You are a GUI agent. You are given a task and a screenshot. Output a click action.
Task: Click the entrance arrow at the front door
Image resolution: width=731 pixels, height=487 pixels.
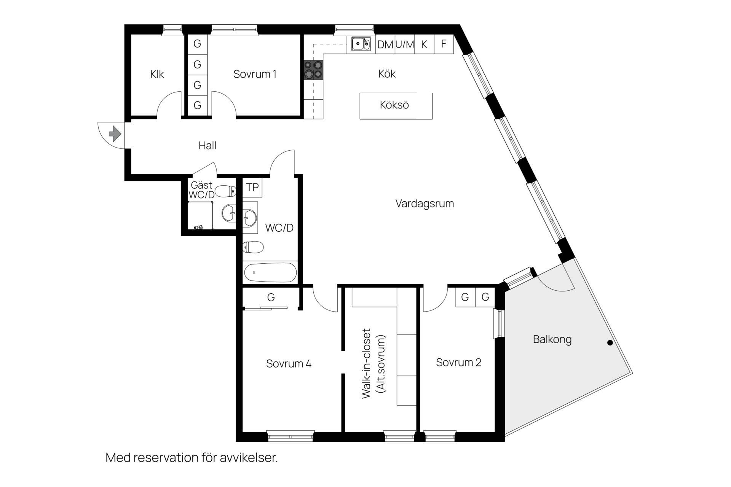[115, 134]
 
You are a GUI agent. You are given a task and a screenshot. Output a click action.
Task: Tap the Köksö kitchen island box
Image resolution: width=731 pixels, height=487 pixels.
[396, 106]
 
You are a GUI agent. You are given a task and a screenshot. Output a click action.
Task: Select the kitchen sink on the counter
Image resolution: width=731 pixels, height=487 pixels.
[361, 44]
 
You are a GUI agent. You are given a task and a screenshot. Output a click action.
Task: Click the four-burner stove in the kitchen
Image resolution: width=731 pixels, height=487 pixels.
[313, 70]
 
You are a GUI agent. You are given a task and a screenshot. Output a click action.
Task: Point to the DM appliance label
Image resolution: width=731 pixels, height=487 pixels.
[385, 45]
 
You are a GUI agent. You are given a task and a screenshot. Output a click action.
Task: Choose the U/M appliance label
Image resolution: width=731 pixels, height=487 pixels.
[404, 45]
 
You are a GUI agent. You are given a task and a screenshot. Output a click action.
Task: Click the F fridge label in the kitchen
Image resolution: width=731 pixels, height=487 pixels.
[444, 44]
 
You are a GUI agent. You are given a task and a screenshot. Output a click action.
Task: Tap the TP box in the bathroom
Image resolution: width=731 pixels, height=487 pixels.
[252, 187]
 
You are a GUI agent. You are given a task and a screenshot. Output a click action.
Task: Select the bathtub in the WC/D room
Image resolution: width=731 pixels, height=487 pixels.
[270, 272]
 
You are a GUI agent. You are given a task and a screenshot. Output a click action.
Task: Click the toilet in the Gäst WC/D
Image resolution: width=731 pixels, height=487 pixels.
[225, 190]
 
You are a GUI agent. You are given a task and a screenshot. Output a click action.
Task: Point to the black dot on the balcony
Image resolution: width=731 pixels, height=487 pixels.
[610, 343]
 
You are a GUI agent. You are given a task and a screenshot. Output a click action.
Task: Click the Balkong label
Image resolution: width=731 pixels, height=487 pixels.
[552, 339]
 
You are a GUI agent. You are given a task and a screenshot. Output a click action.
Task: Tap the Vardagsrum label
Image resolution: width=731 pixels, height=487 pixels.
[425, 204]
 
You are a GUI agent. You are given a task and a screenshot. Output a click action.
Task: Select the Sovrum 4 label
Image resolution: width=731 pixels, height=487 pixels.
[289, 364]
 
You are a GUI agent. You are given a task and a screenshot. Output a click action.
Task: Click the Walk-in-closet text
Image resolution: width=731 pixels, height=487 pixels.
[366, 363]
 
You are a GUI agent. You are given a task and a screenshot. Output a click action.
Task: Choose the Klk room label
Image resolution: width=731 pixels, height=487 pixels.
[157, 74]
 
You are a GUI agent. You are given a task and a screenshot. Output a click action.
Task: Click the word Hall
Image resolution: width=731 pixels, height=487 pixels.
[207, 145]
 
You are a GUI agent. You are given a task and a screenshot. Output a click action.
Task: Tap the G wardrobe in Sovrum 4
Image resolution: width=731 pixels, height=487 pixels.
[271, 297]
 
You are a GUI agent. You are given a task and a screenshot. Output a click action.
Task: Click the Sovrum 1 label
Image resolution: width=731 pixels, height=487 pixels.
[255, 74]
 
